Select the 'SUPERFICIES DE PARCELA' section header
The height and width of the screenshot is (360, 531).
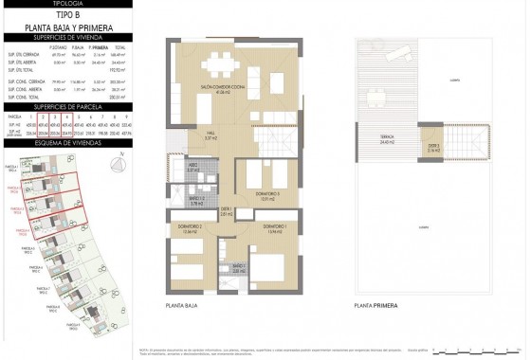click(65, 108)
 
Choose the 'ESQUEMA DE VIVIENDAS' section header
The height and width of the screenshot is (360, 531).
click(65, 144)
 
